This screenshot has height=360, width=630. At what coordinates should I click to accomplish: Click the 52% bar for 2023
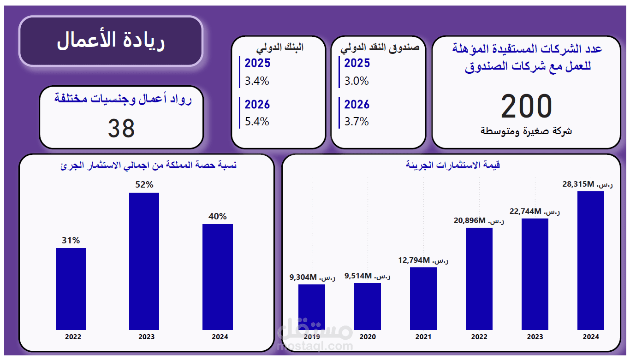[x=144, y=261]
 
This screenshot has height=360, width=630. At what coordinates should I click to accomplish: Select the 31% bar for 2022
[x=71, y=289]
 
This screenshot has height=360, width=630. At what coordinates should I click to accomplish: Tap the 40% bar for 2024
[x=217, y=277]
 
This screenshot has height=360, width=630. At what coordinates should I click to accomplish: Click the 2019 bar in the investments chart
[x=311, y=307]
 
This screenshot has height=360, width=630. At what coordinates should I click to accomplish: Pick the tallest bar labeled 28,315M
[x=590, y=260]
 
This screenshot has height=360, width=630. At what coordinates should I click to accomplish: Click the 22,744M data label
[x=535, y=212]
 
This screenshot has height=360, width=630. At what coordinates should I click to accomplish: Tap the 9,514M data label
[x=367, y=276]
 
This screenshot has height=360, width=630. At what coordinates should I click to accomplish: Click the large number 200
[x=526, y=106]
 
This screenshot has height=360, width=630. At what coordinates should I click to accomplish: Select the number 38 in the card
[x=121, y=128]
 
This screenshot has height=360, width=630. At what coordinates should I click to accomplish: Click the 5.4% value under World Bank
[x=257, y=122]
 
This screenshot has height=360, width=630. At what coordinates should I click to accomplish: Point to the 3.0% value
[x=357, y=81]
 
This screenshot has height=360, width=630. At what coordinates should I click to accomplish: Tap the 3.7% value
[x=357, y=122]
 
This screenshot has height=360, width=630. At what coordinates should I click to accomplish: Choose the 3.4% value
[x=257, y=81]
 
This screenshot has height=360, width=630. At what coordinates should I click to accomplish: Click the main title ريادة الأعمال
[x=111, y=41]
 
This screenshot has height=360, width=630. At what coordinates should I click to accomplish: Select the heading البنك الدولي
[x=280, y=47]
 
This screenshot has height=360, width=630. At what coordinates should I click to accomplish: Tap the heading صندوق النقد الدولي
[x=380, y=47]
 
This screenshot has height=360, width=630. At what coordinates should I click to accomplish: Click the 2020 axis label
[x=368, y=337]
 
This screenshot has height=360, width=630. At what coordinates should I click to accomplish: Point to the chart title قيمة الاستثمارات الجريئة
[x=453, y=165]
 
